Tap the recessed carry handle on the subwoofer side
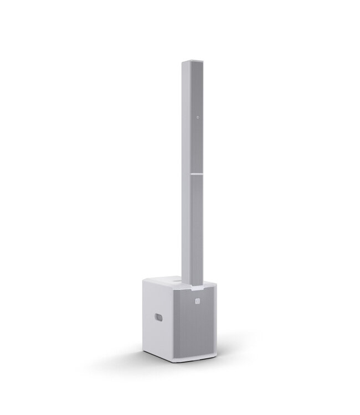pyautogui.click(x=158, y=318)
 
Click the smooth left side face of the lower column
pyautogui.click(x=188, y=221)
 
